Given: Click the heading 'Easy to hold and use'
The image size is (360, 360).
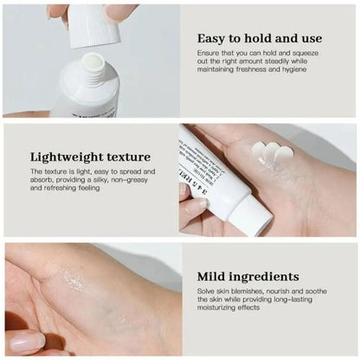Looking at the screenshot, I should point(259,39).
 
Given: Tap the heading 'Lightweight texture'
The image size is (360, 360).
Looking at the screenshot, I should point(91,157).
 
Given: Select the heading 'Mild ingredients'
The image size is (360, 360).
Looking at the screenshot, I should point(247,277).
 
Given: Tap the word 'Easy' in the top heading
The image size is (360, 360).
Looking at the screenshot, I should point(214,39).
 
